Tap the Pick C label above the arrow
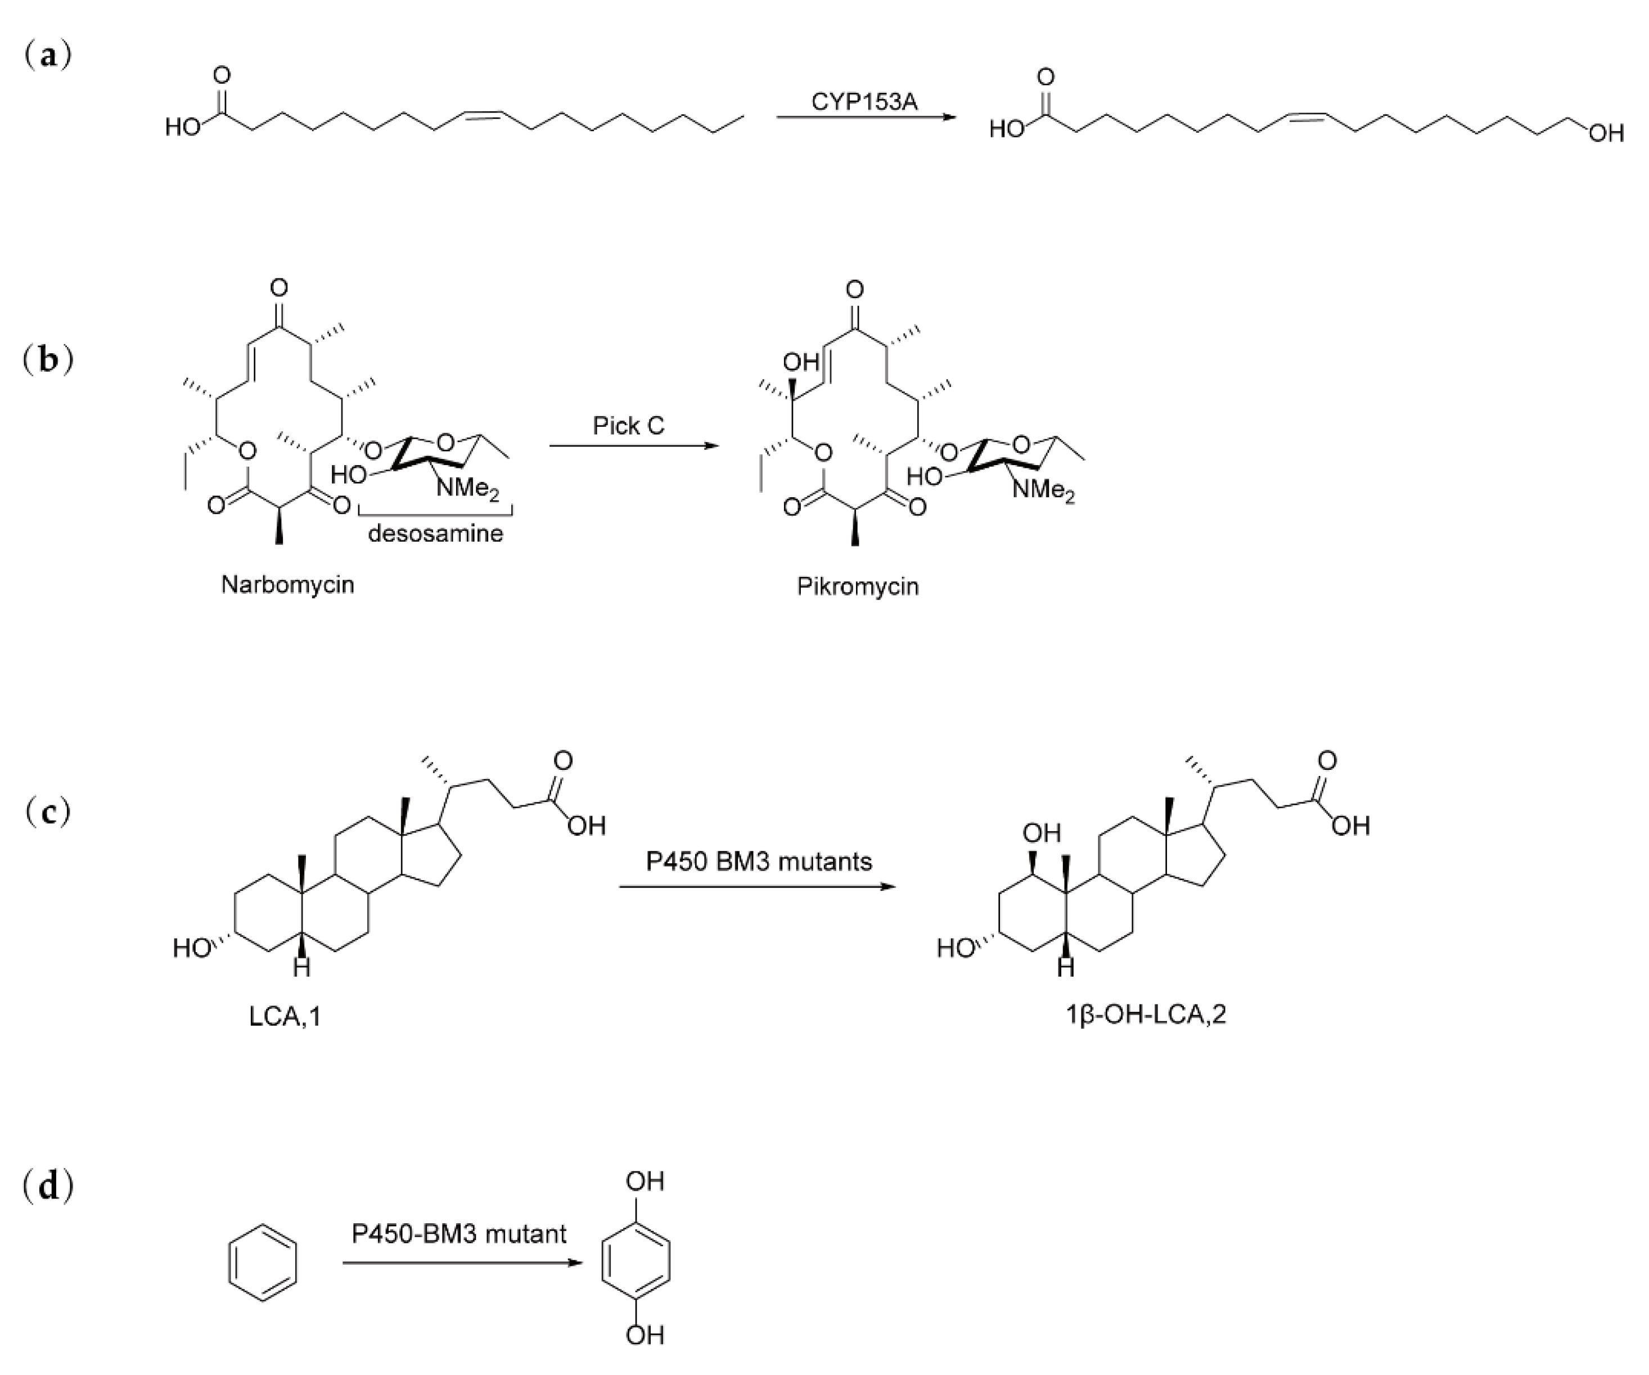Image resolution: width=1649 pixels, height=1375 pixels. [628, 426]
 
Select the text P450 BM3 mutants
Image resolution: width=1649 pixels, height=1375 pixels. [759, 862]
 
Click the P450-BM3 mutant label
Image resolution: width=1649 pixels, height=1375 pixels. [458, 1234]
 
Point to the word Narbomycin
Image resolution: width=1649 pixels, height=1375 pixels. [287, 585]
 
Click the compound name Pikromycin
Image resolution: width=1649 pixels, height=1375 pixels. [858, 587]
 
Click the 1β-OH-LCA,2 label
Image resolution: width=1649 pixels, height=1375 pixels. [1146, 1014]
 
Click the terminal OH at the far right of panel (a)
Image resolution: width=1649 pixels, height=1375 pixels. [1606, 133]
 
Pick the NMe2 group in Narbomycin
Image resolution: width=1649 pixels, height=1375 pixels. [467, 489]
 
